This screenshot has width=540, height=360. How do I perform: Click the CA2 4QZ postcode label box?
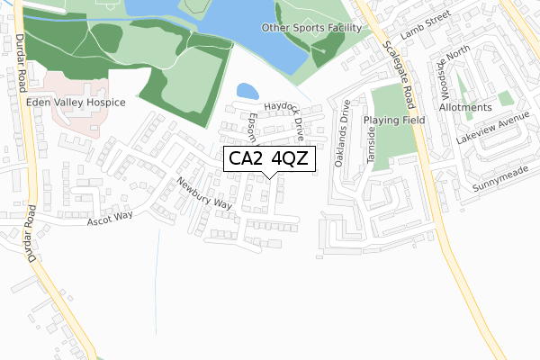(x=269, y=160)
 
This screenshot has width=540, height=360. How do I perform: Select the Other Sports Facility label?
(x=310, y=28)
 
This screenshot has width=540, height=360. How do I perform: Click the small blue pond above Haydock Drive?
(x=245, y=91)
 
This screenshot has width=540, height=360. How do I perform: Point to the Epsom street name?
(x=253, y=127)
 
